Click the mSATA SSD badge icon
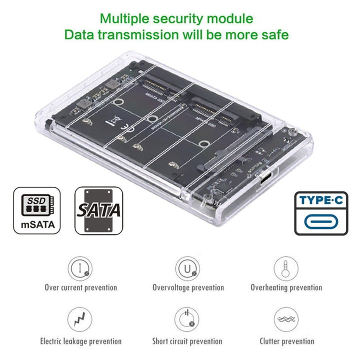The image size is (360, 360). (36, 210)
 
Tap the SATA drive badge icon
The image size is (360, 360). (98, 210)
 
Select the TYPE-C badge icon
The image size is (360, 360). (320, 212)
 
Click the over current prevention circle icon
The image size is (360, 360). (80, 267)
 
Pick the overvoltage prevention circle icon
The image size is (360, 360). (188, 268)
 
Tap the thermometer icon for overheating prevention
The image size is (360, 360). (286, 267)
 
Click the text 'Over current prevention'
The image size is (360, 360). (80, 287)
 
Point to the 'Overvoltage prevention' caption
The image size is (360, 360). (188, 287)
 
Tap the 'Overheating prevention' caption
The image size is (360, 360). (286, 287)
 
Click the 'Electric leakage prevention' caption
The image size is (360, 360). (80, 341)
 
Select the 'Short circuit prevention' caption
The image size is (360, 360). (187, 341)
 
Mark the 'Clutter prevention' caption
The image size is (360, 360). (286, 341)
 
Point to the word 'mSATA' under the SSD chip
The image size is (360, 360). (36, 224)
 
